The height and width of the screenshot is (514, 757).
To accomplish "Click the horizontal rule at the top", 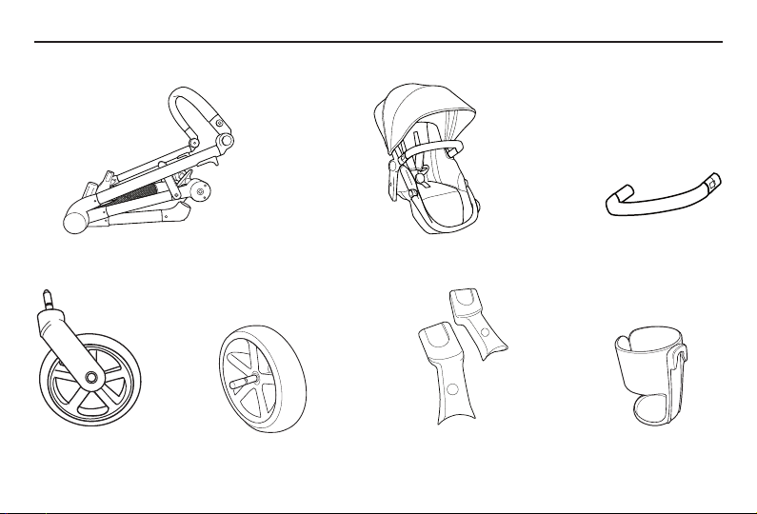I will [378, 42].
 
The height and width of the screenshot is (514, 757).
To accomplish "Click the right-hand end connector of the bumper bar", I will [715, 180].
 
